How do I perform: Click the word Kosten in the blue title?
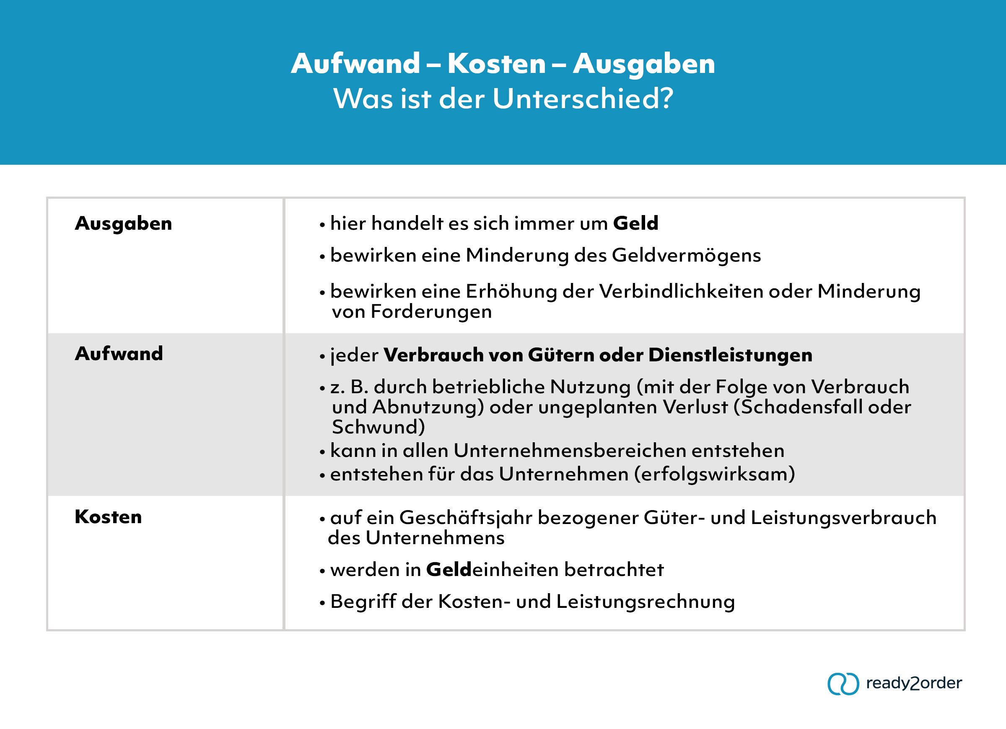(496, 63)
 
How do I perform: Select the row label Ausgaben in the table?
(123, 223)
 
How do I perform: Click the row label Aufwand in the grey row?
(119, 354)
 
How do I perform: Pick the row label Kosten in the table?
(108, 517)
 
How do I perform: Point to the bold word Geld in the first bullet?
(635, 223)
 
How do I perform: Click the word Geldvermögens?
(686, 256)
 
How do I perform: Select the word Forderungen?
(431, 312)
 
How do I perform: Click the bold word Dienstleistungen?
(730, 355)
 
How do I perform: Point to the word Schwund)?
(379, 427)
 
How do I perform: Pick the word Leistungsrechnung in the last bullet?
(646, 602)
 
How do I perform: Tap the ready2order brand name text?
(914, 683)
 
